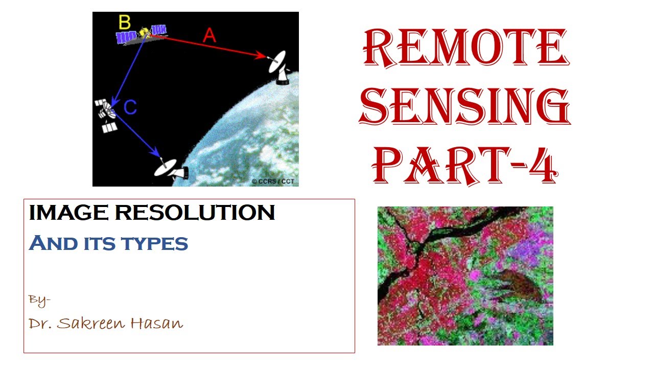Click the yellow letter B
125,22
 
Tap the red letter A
209,35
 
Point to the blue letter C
130,107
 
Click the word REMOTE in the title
464,49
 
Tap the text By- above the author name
39,300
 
